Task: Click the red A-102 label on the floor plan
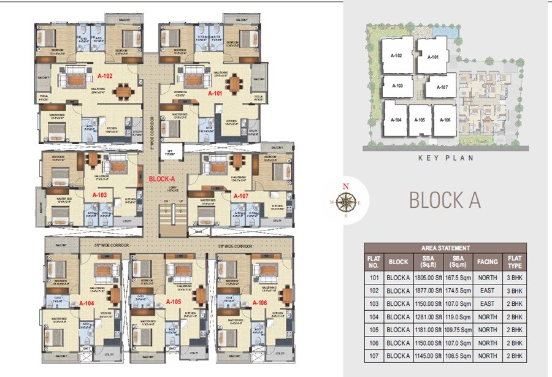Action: [x=105, y=77]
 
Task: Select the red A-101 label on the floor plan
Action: [x=215, y=94]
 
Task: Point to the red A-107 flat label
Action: [x=240, y=196]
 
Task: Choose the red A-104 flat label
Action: [x=86, y=303]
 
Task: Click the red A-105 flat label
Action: [x=174, y=302]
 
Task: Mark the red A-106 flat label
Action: [x=260, y=302]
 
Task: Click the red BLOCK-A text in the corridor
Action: [x=160, y=180]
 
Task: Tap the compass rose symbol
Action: [x=346, y=200]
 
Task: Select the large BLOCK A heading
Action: [x=444, y=200]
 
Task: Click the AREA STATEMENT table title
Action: [x=445, y=248]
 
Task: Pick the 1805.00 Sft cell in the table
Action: [x=428, y=276]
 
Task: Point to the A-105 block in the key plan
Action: [x=420, y=120]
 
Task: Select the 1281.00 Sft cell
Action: [x=428, y=317]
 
